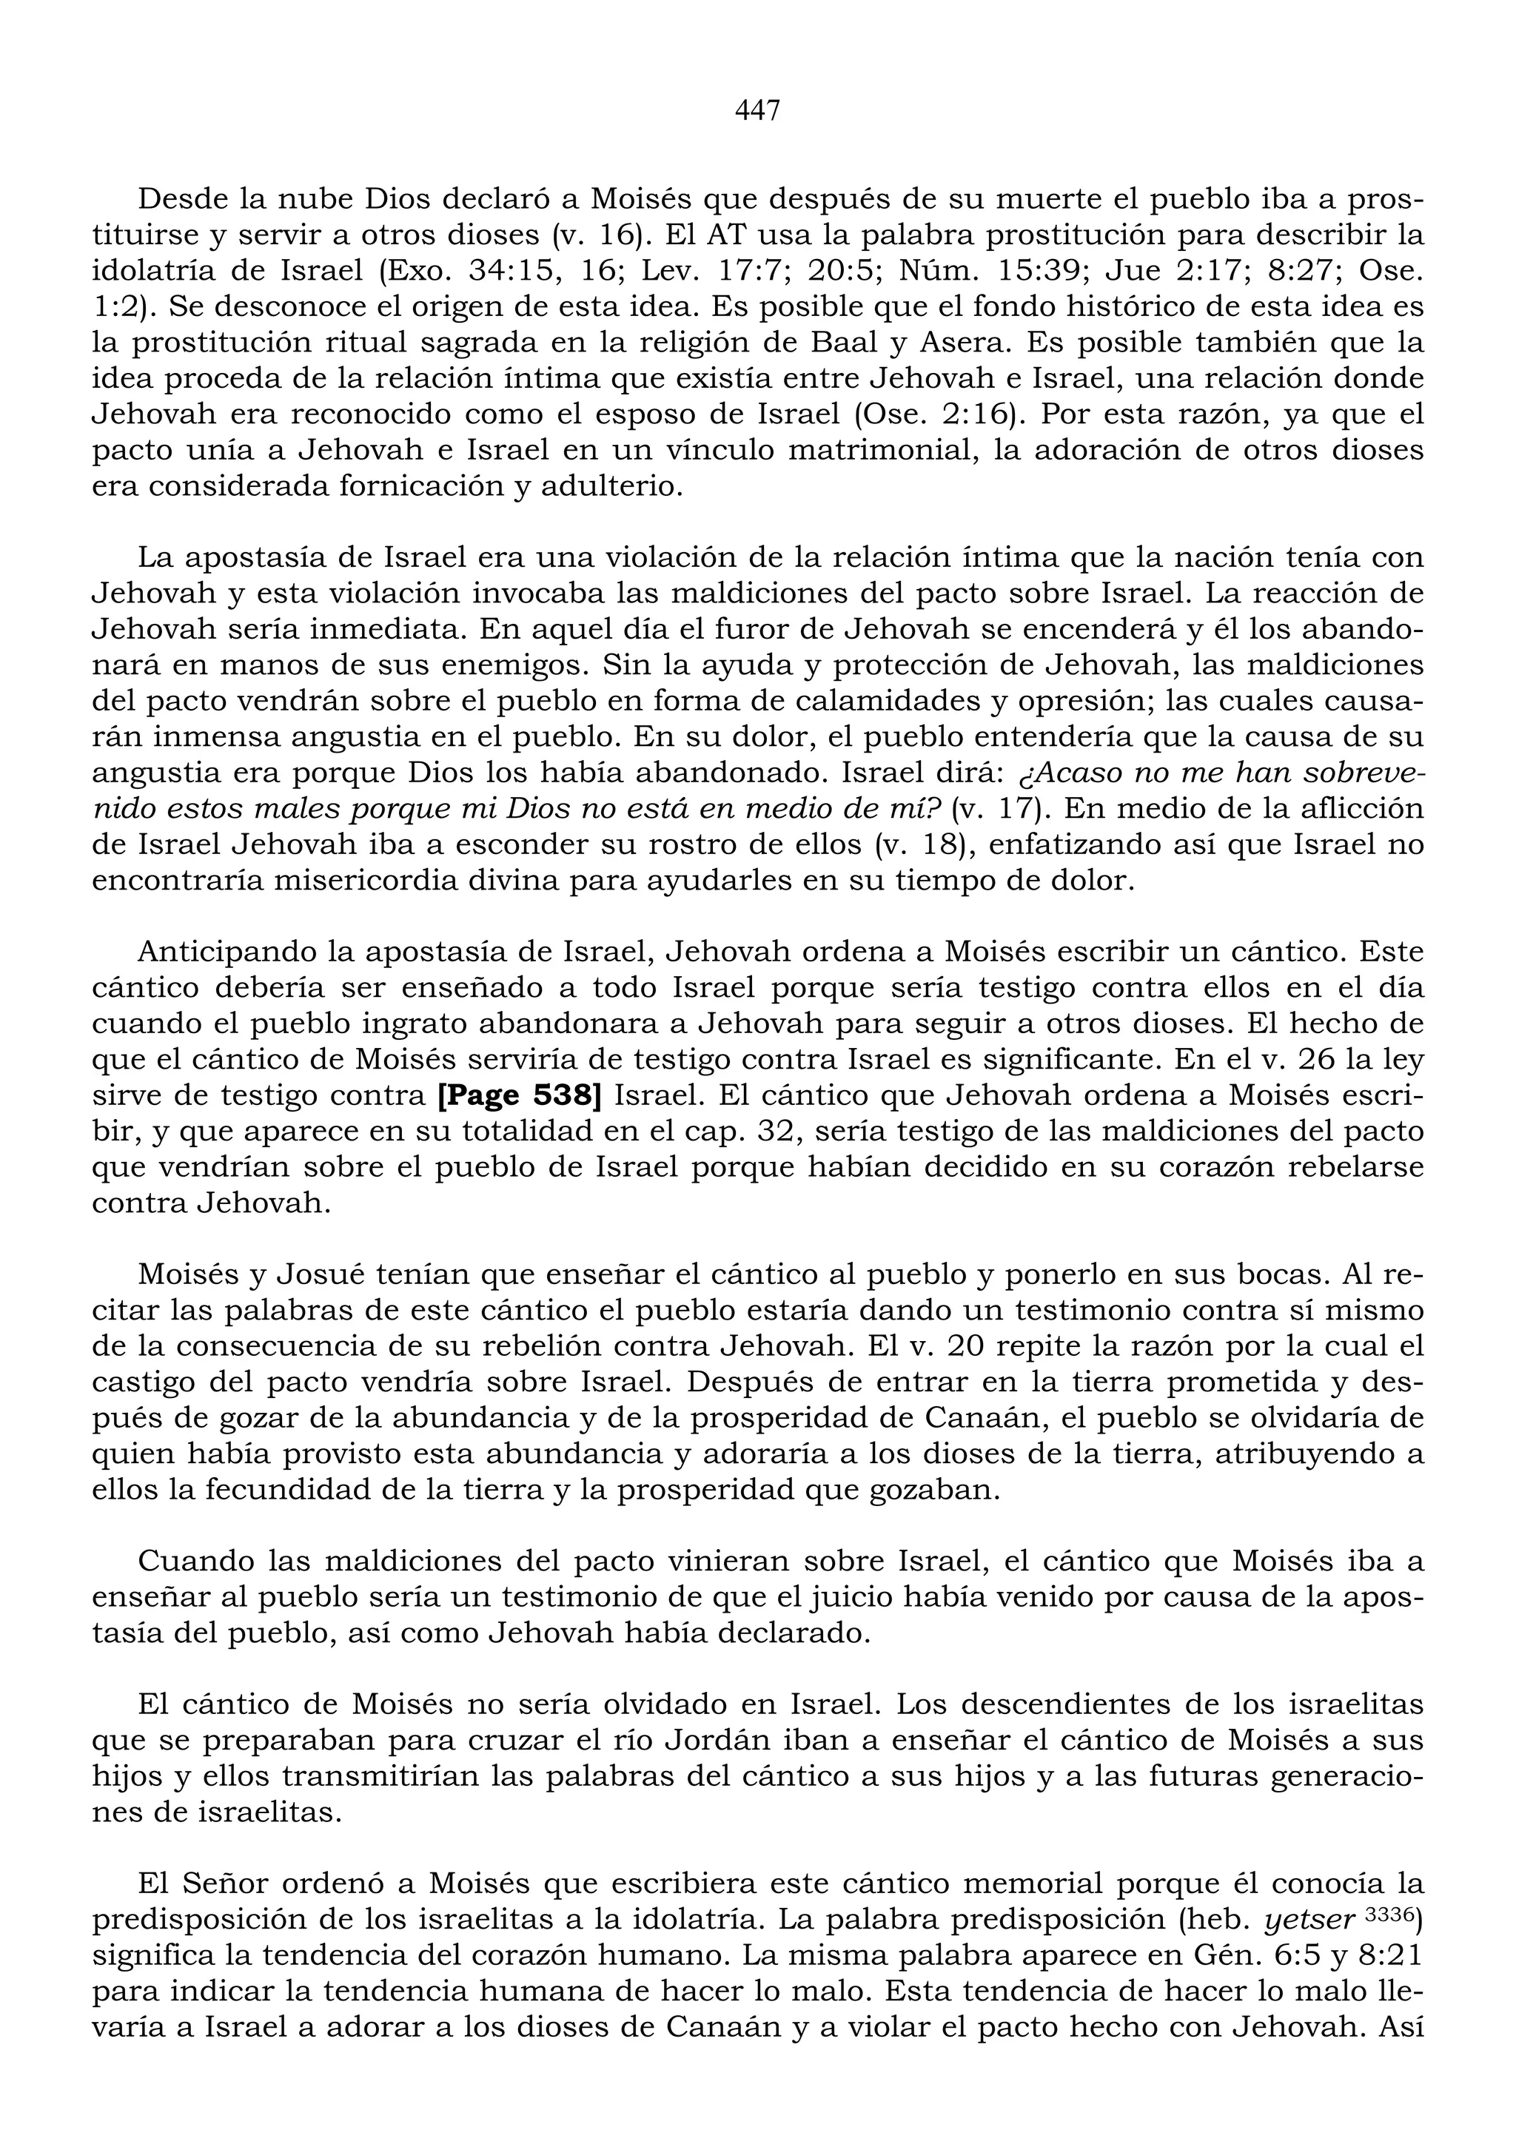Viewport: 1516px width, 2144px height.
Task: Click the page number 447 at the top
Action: point(757,111)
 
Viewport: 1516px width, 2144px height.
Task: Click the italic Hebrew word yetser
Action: point(1309,1919)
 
